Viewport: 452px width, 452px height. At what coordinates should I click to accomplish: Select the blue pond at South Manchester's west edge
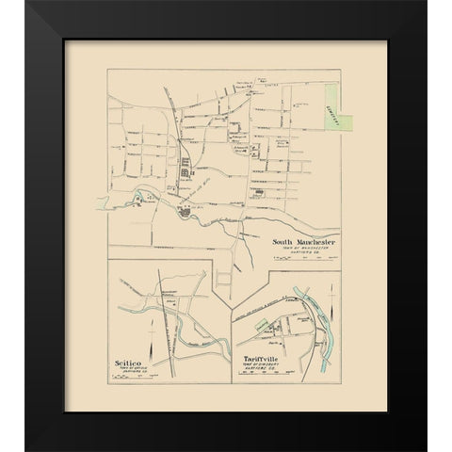point(140,198)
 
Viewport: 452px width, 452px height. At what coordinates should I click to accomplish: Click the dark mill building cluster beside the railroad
point(185,169)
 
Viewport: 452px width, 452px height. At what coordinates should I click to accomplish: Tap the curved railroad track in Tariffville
point(282,312)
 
